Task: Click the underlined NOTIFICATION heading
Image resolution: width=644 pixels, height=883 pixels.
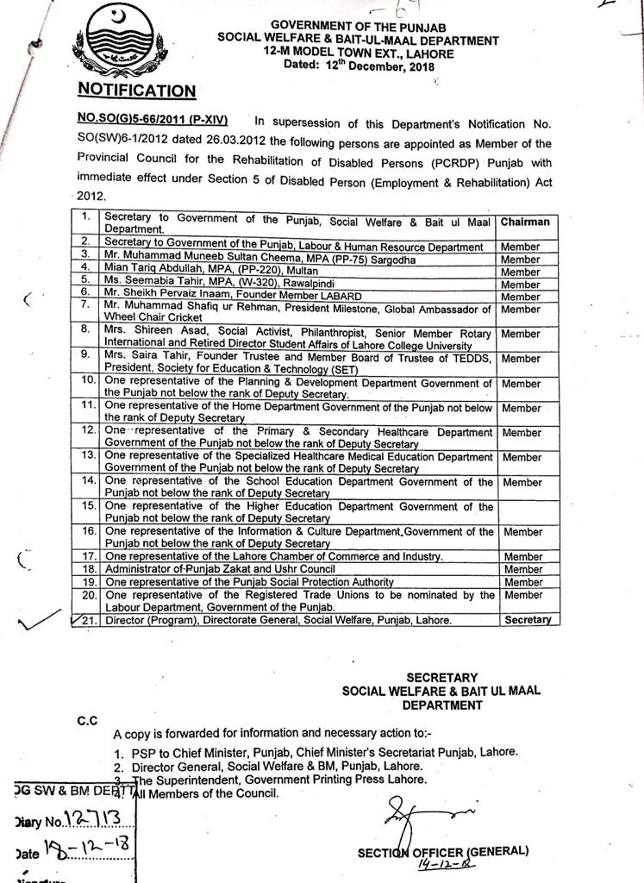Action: [x=136, y=90]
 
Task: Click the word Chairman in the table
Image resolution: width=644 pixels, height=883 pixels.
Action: [x=525, y=222]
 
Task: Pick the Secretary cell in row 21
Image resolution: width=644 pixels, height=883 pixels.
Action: [x=527, y=619]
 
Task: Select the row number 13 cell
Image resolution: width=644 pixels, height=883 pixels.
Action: [x=87, y=454]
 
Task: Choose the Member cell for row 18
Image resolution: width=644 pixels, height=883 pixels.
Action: [x=522, y=570]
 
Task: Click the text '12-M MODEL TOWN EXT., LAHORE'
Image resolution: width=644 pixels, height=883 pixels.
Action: [x=358, y=53]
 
